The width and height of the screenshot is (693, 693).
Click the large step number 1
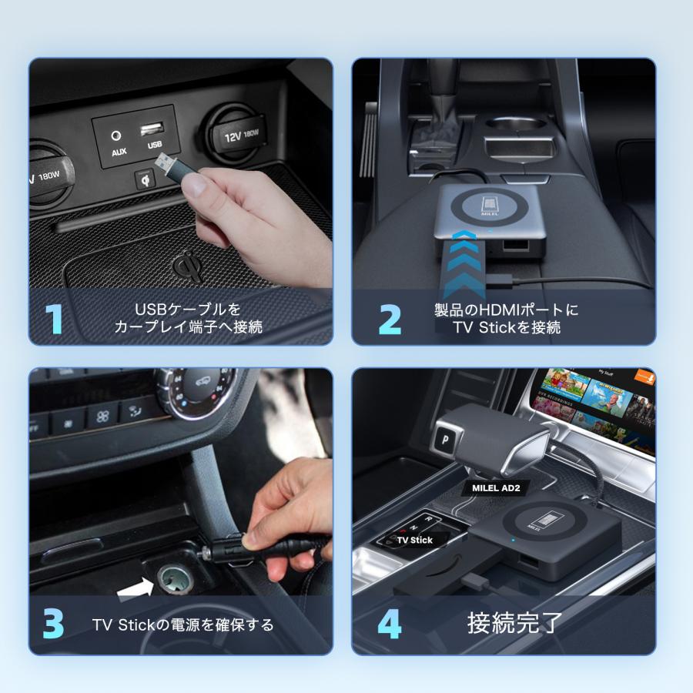click(52, 319)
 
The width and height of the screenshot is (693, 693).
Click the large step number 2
click(390, 319)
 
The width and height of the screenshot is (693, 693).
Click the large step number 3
click(53, 624)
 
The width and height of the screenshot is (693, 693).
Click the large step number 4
click(390, 624)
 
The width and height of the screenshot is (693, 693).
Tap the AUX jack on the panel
click(118, 136)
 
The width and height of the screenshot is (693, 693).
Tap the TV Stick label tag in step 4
click(415, 540)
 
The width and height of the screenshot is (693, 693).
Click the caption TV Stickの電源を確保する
click(182, 624)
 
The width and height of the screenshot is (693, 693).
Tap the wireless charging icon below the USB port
click(144, 179)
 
